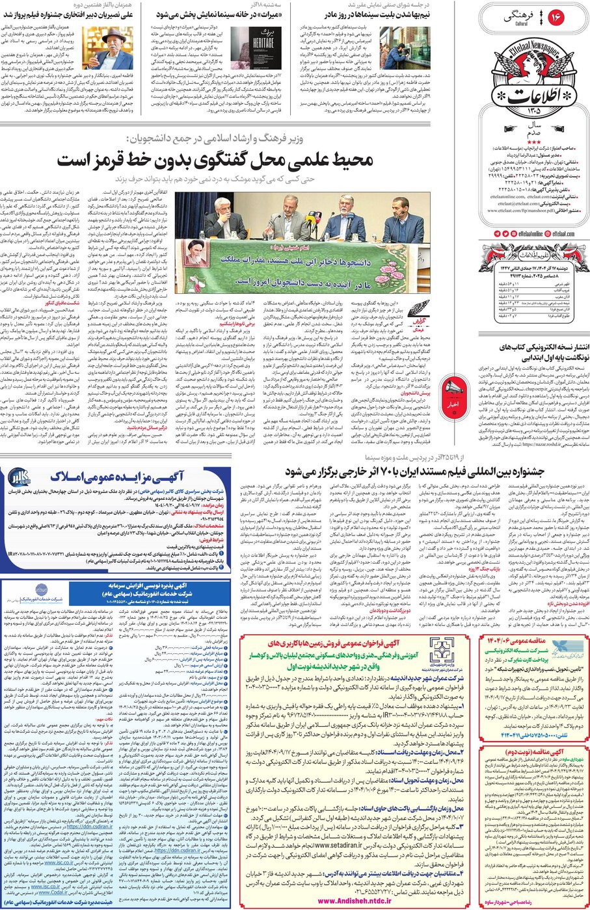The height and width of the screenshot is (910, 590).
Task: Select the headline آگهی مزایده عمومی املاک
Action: (x=117, y=477)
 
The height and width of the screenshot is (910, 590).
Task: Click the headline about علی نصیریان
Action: (x=79, y=12)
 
